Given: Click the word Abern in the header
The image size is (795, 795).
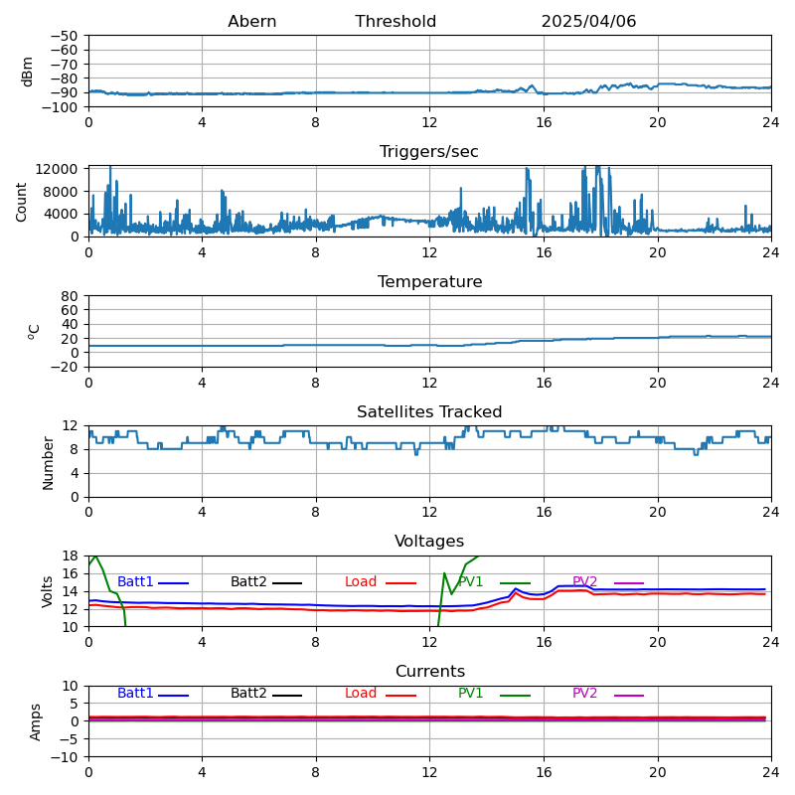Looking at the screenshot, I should (251, 22).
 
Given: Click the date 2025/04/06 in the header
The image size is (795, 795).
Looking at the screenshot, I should (588, 22).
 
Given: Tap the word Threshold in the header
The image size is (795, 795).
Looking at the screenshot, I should (396, 22).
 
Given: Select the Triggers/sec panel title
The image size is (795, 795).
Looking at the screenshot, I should (429, 152).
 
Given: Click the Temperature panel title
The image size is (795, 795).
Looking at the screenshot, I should (429, 282).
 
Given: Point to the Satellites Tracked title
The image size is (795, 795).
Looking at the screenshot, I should (429, 412).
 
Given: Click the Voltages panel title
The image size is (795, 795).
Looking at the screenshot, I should (429, 542).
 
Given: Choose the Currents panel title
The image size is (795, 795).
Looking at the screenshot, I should (429, 672).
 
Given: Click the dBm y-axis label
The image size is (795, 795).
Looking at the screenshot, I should (28, 71).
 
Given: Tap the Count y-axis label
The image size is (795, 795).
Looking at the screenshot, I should (22, 201).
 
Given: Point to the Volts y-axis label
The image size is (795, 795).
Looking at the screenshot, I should (48, 591).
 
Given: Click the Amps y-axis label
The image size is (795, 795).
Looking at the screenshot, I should (36, 721).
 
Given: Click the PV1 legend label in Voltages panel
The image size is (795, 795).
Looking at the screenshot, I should (470, 582).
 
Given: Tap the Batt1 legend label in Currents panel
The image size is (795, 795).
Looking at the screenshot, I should (135, 694).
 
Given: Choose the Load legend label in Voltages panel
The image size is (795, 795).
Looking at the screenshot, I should (360, 582).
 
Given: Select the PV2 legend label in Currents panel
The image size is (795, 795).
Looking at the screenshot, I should (584, 694).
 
